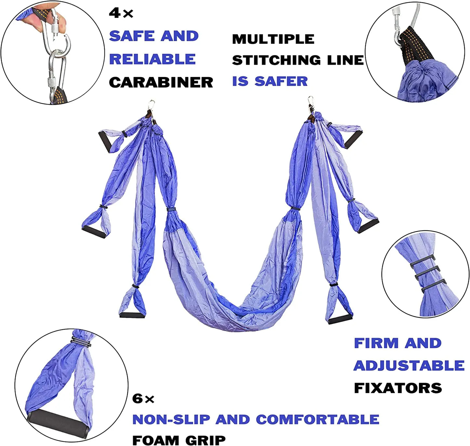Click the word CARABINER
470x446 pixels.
pos(161,83)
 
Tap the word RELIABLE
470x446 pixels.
pos(153,59)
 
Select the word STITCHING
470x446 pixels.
pos(276,60)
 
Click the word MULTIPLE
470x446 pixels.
pos(273,39)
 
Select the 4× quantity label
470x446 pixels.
pos(121,13)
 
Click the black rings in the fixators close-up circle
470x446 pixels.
pos(428,274)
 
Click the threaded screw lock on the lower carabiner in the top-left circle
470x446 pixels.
pos(52,83)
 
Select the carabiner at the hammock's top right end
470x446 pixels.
pos(311,102)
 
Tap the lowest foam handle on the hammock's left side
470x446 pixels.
pos(132,316)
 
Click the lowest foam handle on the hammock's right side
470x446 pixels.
pos(340,319)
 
